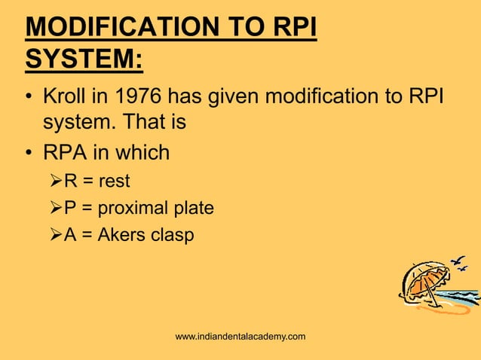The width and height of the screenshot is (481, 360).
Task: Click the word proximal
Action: coord(138,207)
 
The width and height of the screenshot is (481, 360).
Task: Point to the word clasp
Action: coord(173,234)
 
